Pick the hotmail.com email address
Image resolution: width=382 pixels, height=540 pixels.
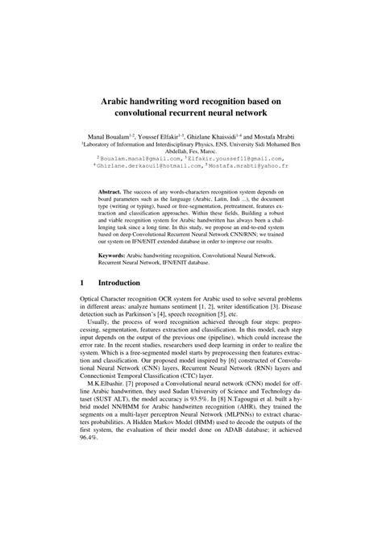coord(152,168)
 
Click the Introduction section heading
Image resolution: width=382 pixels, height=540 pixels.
coord(119,306)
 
